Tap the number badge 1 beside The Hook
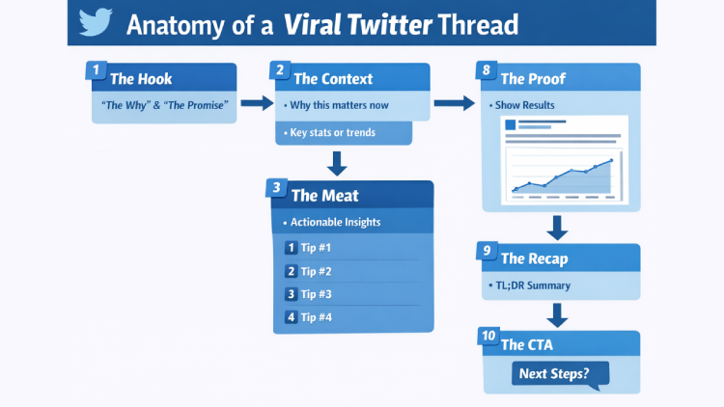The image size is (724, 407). click(x=96, y=70)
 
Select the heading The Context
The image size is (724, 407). click(x=332, y=78)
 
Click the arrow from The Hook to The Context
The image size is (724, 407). click(x=256, y=103)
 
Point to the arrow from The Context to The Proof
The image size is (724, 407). click(x=451, y=103)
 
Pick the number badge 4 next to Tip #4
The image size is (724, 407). click(x=291, y=317)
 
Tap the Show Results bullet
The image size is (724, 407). click(x=526, y=103)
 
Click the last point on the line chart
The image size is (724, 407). click(x=611, y=161)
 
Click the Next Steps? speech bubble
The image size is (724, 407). click(x=554, y=373)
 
